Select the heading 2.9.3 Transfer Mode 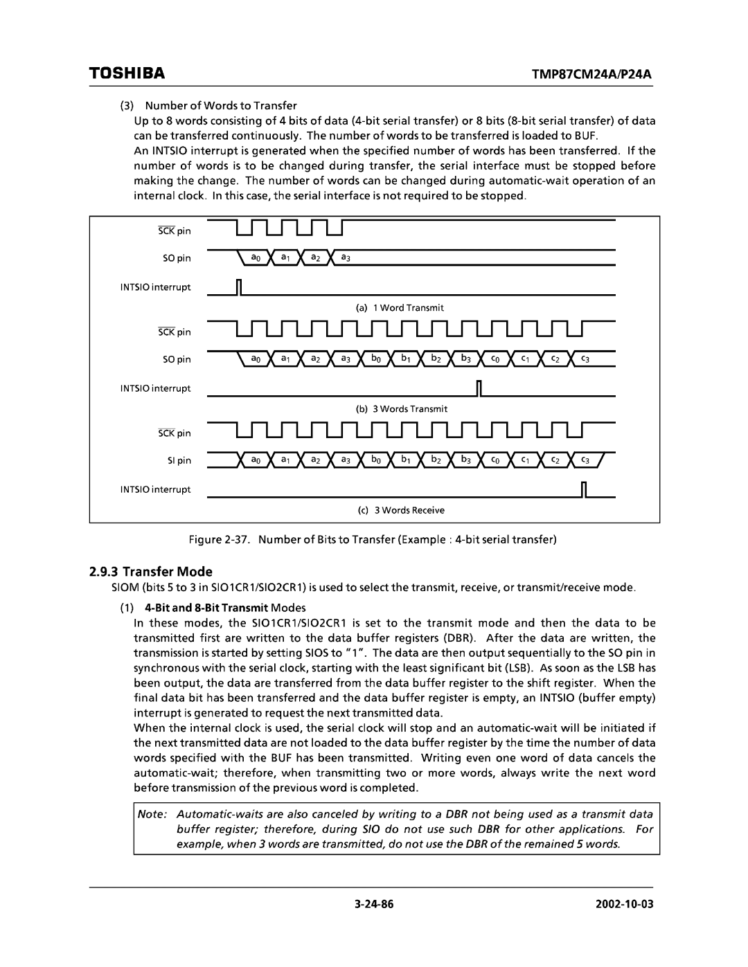point(151,572)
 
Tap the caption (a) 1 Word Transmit point(401,307)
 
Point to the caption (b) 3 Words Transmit point(402,409)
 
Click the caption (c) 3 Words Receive point(401,510)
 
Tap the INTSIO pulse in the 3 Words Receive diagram point(584,489)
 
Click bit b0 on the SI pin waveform point(375,460)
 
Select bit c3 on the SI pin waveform point(585,460)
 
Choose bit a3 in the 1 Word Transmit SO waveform point(345,258)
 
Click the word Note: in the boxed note point(150,815)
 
